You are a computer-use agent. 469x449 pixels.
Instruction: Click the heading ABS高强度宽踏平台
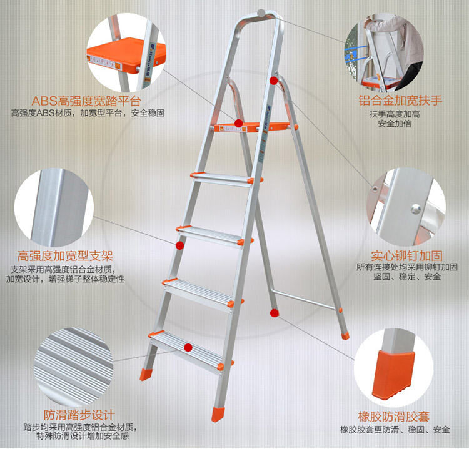(x=86, y=101)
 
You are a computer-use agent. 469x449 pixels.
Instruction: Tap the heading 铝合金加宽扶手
(x=400, y=101)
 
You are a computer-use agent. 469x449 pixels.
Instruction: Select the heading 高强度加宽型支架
(x=65, y=256)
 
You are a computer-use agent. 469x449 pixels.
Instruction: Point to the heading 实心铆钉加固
(x=406, y=256)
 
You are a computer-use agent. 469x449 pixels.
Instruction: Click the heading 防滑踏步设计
(x=79, y=415)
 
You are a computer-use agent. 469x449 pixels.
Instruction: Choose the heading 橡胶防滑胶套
(x=393, y=416)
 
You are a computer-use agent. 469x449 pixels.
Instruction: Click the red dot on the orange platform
(x=238, y=123)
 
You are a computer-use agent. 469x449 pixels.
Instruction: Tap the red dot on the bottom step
(x=188, y=347)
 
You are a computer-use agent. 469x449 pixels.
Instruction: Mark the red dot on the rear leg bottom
(x=275, y=313)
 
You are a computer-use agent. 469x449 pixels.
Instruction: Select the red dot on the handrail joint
(x=273, y=81)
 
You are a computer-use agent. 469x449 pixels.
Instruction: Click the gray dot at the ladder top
(x=261, y=13)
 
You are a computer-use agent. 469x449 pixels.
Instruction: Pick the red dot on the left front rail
(x=179, y=245)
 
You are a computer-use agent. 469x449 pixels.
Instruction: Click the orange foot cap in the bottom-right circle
(x=393, y=375)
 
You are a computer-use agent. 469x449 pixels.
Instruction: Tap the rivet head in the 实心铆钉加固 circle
(x=416, y=209)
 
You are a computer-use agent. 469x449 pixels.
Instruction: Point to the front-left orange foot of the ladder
(x=146, y=374)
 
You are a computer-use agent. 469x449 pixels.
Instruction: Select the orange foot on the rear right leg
(x=345, y=335)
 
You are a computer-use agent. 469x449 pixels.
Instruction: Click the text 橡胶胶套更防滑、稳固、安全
(x=395, y=430)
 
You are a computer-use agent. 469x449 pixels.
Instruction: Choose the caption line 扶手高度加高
(x=395, y=114)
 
